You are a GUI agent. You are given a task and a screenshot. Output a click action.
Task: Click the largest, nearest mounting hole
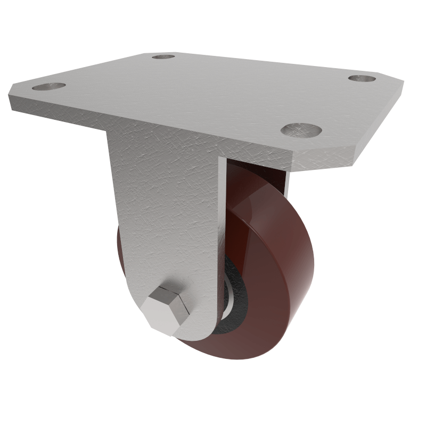[301, 129]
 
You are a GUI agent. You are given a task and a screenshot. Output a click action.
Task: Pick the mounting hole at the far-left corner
[48, 86]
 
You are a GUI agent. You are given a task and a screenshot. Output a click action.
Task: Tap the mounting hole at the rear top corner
[163, 56]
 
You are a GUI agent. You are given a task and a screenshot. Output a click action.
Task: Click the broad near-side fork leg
[165, 213]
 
